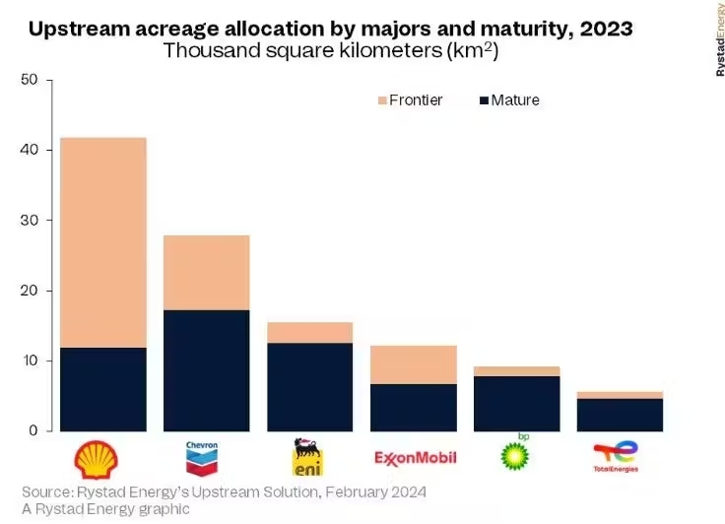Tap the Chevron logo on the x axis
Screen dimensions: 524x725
[x=201, y=456]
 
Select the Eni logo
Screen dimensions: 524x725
[x=306, y=458]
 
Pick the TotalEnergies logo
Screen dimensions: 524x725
[x=616, y=457]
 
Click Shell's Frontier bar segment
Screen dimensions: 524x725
[x=103, y=242]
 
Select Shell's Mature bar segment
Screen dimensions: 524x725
[x=103, y=389]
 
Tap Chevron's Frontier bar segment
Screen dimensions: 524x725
[x=206, y=273]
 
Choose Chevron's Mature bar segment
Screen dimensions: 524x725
[x=206, y=370]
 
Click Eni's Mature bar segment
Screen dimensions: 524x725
[x=309, y=387]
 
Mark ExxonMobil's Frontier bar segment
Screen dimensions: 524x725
[x=413, y=364]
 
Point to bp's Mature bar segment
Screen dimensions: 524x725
[x=516, y=404]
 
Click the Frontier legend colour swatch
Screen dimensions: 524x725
[x=382, y=100]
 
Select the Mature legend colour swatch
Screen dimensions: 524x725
[x=485, y=100]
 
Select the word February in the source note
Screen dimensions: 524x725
[x=335, y=491]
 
